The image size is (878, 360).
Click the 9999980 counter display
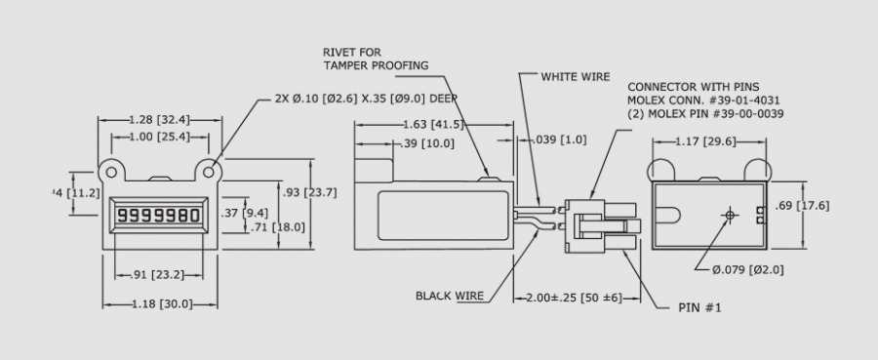coord(159,214)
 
